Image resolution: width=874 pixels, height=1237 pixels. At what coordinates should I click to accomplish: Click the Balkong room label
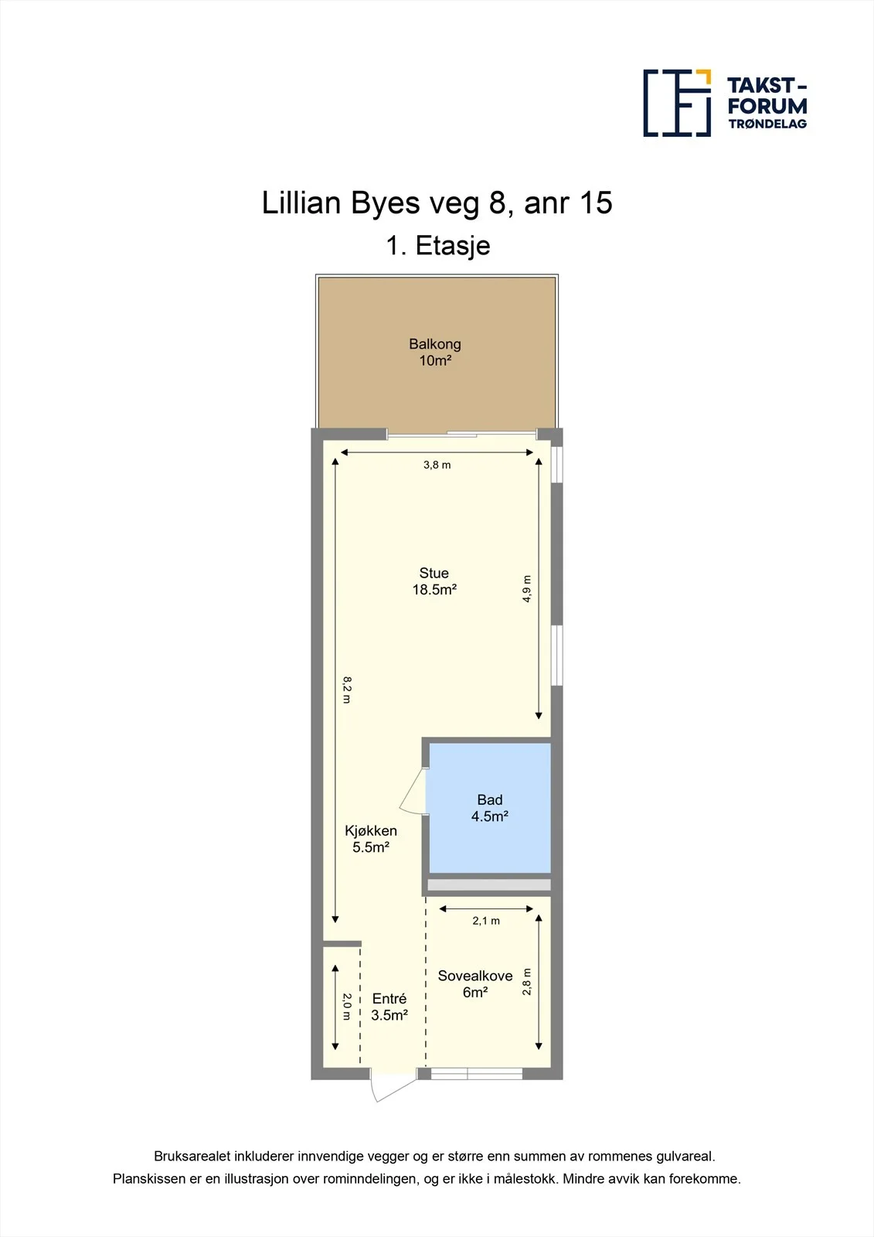tap(435, 353)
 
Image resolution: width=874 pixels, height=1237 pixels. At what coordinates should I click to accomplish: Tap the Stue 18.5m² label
tap(434, 581)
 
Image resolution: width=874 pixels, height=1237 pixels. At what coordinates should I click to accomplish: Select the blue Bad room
tap(490, 808)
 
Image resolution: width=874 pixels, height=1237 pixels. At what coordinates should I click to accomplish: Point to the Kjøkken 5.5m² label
tap(371, 839)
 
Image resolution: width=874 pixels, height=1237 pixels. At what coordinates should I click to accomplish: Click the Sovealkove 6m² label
tap(475, 984)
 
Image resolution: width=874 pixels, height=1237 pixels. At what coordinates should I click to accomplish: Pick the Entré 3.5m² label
tap(389, 1007)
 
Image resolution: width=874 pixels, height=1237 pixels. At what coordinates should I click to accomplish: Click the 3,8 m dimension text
tap(437, 465)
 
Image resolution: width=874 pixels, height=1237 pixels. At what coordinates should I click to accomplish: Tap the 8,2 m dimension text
tap(347, 690)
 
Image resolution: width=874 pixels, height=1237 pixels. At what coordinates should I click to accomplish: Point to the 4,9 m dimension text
tap(527, 588)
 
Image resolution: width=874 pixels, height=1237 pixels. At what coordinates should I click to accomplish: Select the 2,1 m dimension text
tap(486, 921)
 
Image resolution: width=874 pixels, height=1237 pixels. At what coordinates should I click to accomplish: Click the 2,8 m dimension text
tap(527, 982)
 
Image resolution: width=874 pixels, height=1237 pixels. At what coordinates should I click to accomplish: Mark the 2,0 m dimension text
tap(347, 1007)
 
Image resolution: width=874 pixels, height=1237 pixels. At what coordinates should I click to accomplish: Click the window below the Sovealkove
tap(477, 1074)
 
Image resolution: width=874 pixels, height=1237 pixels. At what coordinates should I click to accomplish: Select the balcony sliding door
tap(461, 434)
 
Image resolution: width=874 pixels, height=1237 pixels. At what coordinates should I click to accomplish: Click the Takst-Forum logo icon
tap(677, 104)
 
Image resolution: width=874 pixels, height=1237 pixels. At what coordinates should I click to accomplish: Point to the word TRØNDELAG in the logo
tap(767, 124)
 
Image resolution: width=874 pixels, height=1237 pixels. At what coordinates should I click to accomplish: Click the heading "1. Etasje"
tap(438, 245)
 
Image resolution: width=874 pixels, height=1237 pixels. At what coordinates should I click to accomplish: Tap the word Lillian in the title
tap(301, 203)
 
